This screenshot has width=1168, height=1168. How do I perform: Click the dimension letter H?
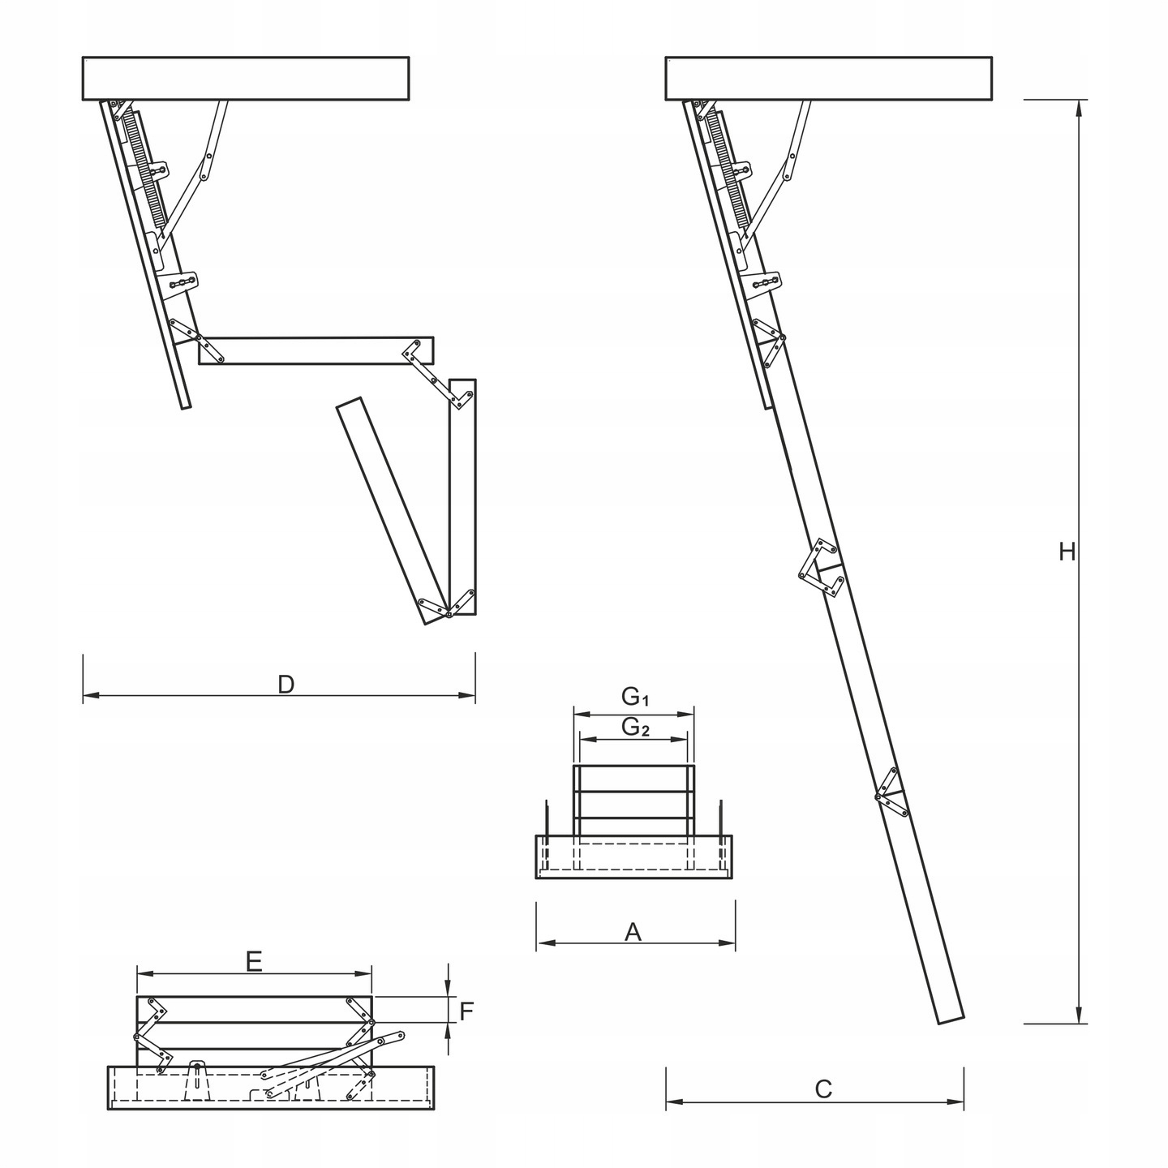[x=1067, y=552]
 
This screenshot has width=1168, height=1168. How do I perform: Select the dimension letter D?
[x=286, y=685]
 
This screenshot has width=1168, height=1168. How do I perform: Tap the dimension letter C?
[x=823, y=1089]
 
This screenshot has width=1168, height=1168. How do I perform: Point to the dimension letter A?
[x=633, y=933]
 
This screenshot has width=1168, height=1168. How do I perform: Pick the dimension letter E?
[x=254, y=962]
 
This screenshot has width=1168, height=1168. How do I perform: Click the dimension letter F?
[x=466, y=1011]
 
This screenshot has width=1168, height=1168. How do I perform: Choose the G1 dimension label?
[x=636, y=696]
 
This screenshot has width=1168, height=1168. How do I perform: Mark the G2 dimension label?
[x=636, y=728]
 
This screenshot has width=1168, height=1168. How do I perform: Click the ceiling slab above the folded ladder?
[x=246, y=78]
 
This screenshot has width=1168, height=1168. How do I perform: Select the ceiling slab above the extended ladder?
[x=828, y=78]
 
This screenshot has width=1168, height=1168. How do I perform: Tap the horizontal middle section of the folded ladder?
[x=316, y=350]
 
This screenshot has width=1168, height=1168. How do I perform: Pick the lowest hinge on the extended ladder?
[x=892, y=792]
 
